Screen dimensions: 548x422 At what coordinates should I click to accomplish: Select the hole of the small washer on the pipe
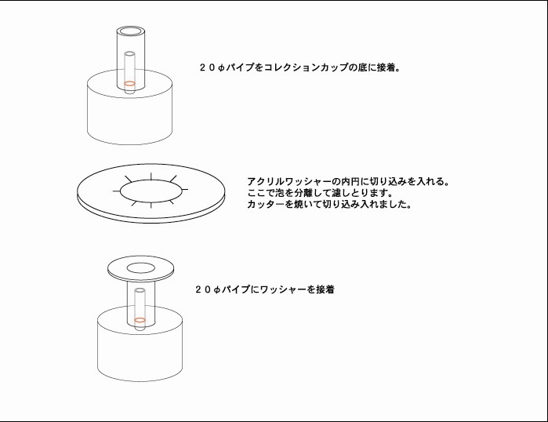(140, 268)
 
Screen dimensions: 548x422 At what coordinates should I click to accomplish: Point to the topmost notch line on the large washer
(151, 176)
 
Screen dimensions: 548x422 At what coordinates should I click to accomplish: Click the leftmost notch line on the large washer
(116, 191)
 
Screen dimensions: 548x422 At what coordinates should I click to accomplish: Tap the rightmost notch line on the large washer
(185, 190)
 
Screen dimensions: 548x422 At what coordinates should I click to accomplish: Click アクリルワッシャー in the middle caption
(289, 181)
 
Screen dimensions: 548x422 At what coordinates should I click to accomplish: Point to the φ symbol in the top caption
(221, 67)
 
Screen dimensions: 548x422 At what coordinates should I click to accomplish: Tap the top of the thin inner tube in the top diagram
(129, 54)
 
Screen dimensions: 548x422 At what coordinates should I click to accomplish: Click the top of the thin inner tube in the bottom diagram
(140, 290)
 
